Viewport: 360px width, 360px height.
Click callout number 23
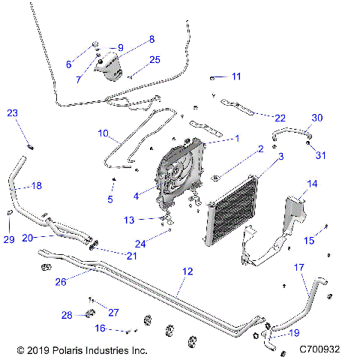pos(12,113)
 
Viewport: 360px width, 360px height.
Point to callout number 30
pos(317,118)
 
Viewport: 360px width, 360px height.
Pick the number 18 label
pos(36,184)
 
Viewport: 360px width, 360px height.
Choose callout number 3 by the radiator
pos(281,156)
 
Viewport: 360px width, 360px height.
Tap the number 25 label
pos(154,59)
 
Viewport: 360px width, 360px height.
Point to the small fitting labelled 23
pos(31,145)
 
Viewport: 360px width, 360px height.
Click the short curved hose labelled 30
pos(289,133)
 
